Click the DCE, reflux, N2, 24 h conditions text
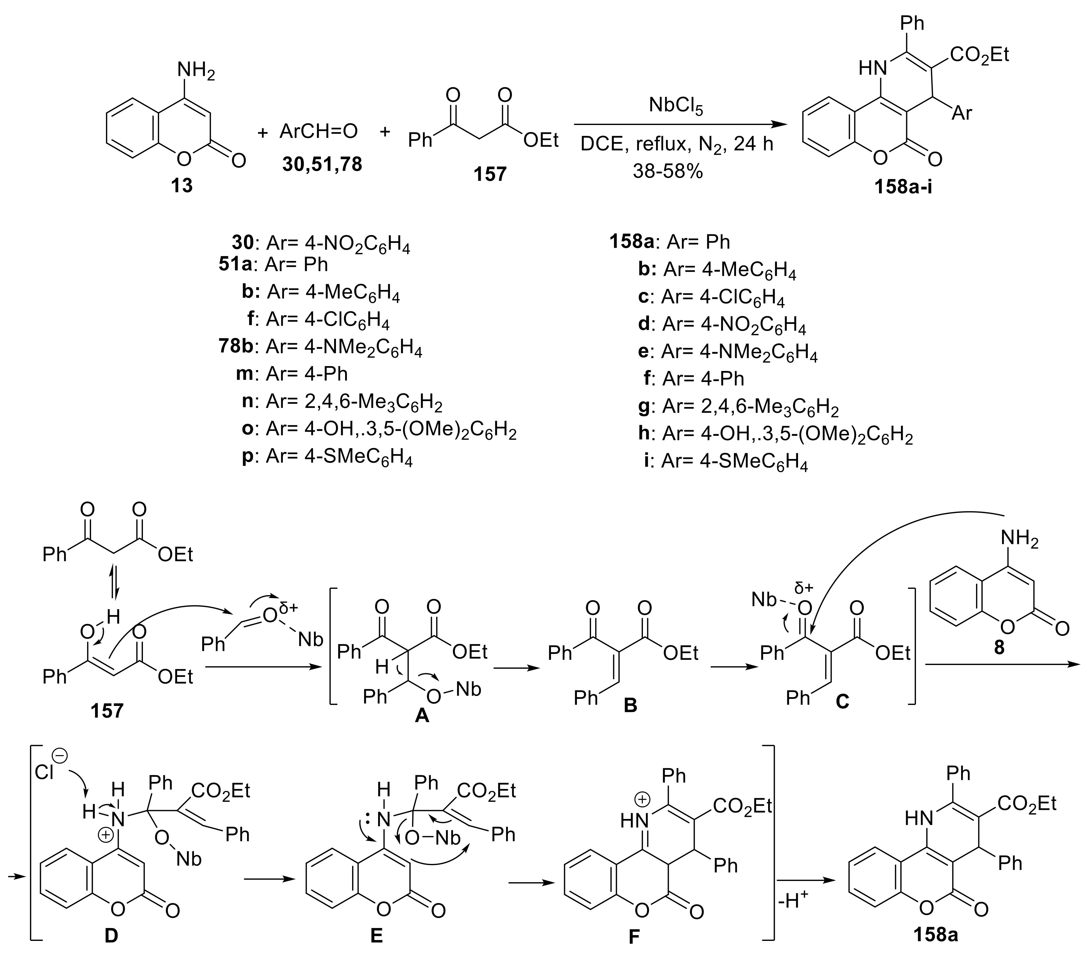[x=676, y=144]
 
